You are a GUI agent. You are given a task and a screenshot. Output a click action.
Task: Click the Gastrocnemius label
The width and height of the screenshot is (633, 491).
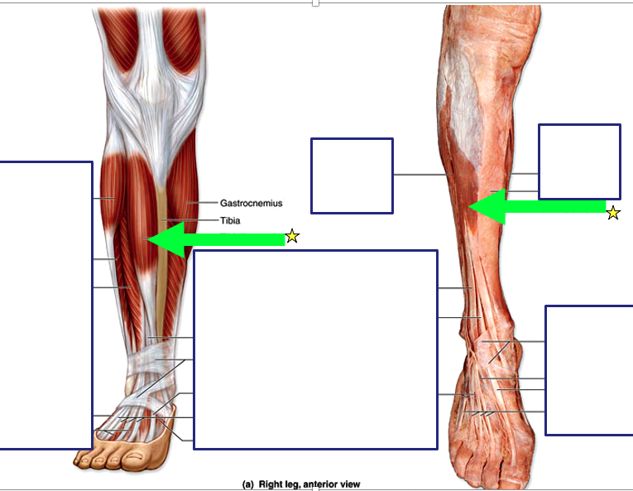coord(251,203)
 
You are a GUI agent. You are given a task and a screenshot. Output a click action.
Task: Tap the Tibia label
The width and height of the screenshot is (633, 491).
coord(230,220)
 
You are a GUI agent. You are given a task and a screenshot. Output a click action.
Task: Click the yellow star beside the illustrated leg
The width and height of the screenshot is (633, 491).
coord(291,237)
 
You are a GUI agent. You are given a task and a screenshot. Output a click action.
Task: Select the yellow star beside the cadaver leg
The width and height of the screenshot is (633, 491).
coord(612,213)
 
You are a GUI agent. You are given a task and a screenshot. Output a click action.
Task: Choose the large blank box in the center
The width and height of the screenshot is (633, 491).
coord(315,349)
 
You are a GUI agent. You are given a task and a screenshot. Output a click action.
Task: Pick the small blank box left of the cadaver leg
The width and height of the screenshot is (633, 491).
coord(352,176)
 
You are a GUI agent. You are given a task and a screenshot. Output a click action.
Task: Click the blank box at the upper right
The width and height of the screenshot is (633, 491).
coord(579,161)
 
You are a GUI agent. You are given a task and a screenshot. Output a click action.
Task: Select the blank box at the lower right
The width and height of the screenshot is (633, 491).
coord(589,369)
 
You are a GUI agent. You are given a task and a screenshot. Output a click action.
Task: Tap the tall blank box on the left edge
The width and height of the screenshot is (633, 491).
coord(46,305)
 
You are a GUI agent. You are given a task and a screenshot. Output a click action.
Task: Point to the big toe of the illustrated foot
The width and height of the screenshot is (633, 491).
coord(84,458)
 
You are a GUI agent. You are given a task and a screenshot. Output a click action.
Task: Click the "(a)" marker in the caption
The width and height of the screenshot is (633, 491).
coord(247,484)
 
